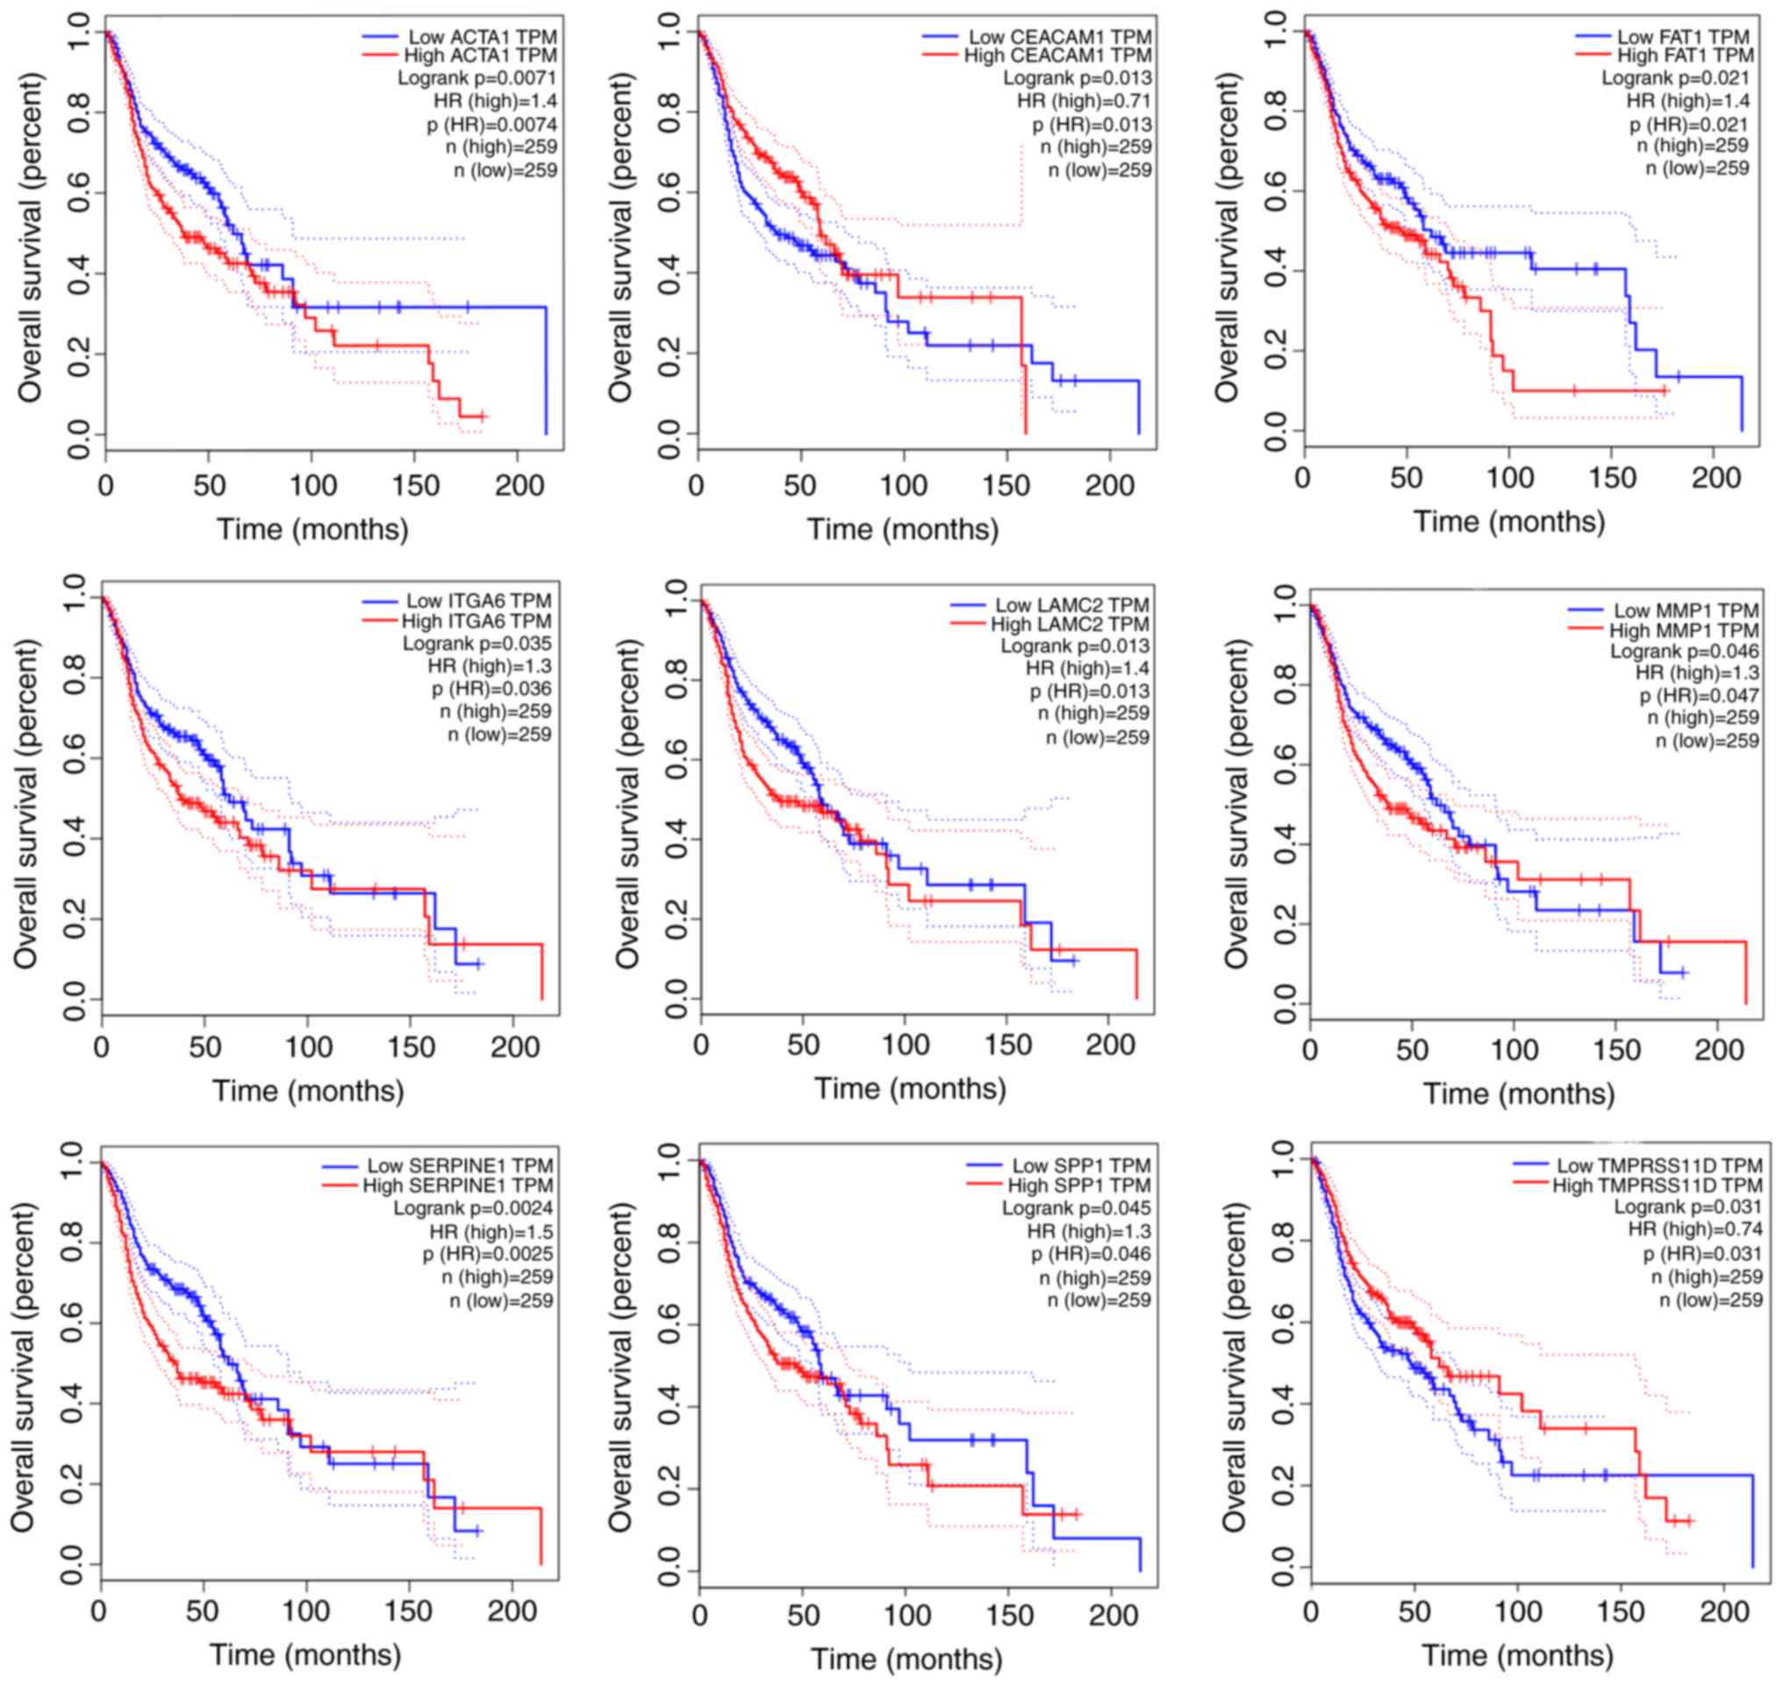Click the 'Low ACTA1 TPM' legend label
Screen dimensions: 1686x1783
tap(482, 37)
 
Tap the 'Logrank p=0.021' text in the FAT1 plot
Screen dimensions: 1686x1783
tap(1674, 78)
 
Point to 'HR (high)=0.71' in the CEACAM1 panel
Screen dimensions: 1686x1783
tap(1083, 101)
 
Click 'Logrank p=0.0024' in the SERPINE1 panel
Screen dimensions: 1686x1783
tap(473, 1208)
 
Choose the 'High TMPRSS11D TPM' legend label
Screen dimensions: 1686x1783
tap(1658, 1186)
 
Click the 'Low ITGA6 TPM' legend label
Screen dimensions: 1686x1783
tap(478, 600)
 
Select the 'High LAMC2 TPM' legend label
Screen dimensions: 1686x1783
tap(1070, 624)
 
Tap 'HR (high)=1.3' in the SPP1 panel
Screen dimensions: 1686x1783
tap(1088, 1231)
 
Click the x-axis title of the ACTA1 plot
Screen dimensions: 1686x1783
tap(311, 528)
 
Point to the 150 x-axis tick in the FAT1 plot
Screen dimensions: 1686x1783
tap(1613, 478)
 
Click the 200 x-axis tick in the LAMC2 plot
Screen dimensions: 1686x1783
tap(1111, 1044)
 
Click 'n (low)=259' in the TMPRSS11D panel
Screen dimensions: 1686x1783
tap(1710, 1301)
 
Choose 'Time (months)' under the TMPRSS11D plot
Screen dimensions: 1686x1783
tap(1517, 1654)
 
